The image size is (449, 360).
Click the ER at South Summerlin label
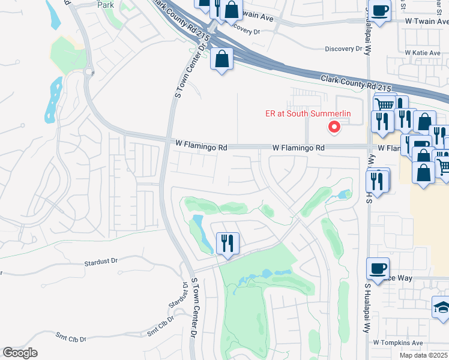point(308,113)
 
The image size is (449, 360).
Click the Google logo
point(20,353)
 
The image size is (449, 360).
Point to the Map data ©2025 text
point(424,355)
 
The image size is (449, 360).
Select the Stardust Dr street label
point(101,262)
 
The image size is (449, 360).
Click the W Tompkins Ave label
point(398,343)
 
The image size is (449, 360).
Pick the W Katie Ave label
point(423,53)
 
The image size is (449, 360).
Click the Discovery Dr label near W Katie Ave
point(345,49)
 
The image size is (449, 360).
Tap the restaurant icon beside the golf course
point(228,244)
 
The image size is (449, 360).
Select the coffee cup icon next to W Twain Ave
point(379,11)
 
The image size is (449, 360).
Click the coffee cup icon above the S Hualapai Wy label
point(378,268)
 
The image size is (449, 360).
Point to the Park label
point(106,4)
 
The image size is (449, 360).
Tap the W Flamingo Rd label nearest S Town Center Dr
point(202,146)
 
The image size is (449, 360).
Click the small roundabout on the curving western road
point(89,72)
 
